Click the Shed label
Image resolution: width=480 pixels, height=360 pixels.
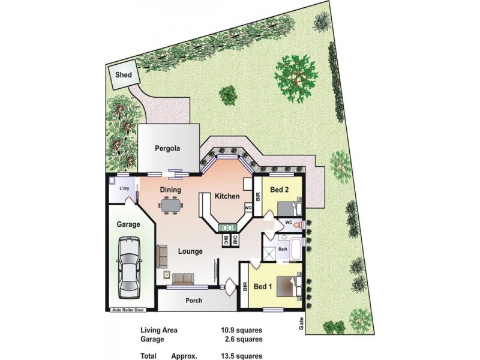click(x=123, y=76)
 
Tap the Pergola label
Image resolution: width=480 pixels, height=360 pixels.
click(x=167, y=148)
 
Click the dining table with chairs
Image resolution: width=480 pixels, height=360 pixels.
click(x=170, y=205)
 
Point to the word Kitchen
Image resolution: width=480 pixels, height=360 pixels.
click(x=227, y=196)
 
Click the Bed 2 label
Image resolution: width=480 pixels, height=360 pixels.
click(x=279, y=190)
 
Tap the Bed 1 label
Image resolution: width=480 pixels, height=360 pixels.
click(x=263, y=286)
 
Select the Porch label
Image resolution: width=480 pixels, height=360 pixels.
click(x=193, y=301)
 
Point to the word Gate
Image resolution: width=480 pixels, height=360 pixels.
click(x=300, y=325)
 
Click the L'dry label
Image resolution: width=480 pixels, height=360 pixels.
click(x=124, y=188)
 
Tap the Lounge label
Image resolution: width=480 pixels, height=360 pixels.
click(x=190, y=251)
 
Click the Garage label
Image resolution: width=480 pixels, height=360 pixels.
click(x=128, y=225)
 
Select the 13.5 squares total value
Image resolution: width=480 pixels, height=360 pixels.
click(x=241, y=355)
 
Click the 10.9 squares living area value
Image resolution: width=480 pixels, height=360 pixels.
click(x=241, y=329)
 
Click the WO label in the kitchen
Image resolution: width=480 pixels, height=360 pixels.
click(x=247, y=208)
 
